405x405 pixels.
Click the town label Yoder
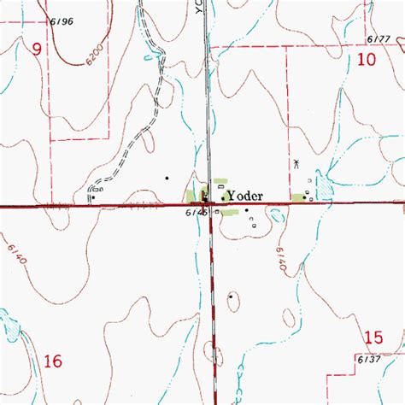249,195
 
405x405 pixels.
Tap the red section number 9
37,50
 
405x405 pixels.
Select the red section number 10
367,59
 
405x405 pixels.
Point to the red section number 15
373,338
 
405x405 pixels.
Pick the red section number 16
53,361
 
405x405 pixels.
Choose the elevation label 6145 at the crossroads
194,214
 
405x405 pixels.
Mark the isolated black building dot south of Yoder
231,296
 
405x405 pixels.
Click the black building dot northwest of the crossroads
167,179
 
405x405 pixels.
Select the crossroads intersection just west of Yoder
209,205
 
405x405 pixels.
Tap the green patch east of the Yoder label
298,198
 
